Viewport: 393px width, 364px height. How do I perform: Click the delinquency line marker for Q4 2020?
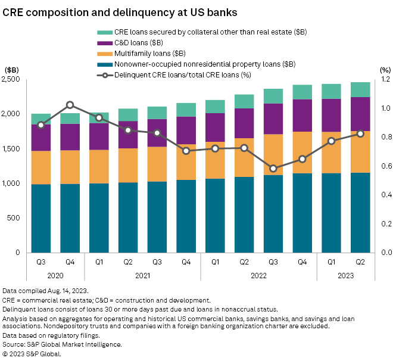70,105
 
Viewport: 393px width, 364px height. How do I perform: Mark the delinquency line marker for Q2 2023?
360,133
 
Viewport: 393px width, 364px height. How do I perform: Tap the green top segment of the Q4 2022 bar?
302,92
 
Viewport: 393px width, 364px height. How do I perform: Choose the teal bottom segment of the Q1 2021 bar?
99,217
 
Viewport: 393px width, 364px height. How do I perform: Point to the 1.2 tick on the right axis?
385,79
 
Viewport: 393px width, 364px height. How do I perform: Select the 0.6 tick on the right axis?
385,166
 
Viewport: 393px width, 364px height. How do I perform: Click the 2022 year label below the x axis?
258,275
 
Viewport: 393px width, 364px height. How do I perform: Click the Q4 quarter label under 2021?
186,260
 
